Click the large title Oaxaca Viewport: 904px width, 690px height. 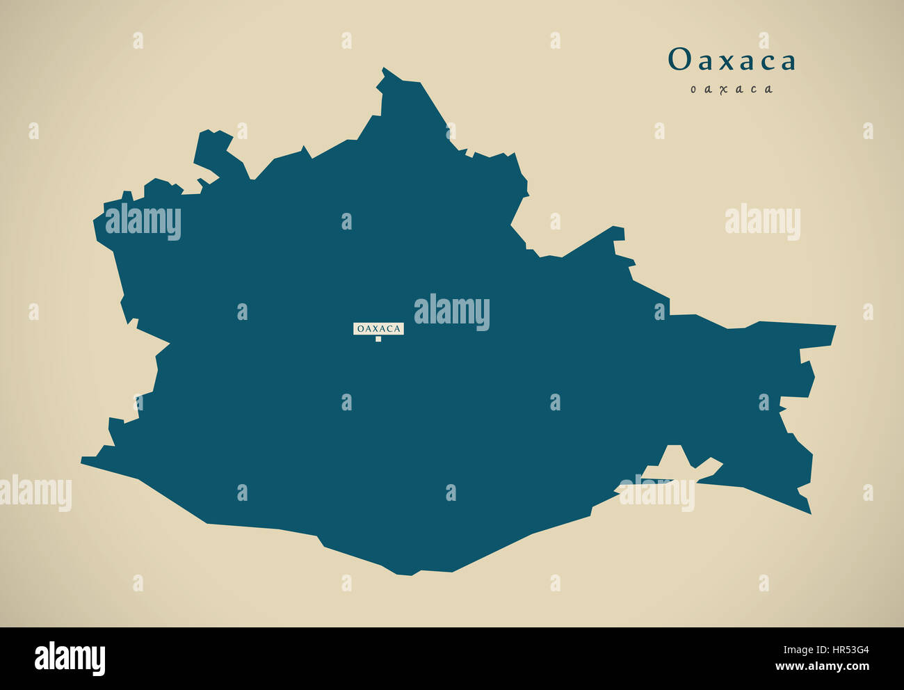[732, 61]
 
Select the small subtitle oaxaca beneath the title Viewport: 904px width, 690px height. [732, 89]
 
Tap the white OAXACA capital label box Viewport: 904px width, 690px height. [378, 328]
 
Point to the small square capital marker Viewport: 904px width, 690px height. [378, 339]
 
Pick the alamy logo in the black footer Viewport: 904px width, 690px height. [70, 659]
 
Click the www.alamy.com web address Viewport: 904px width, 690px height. [823, 667]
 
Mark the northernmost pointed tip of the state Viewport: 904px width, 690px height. [383, 69]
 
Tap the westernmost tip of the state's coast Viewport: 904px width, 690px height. [83, 459]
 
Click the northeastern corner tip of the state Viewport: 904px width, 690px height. [834, 326]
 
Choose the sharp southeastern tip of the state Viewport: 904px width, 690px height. [809, 513]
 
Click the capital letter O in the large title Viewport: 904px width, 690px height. [679, 61]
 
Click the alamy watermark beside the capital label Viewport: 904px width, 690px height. [452, 312]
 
